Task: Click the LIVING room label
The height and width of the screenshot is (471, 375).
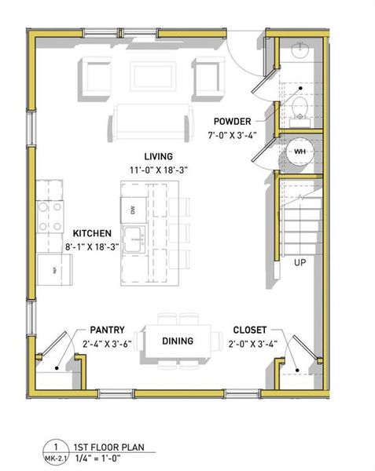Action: (158, 156)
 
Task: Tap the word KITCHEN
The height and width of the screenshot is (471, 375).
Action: (92, 234)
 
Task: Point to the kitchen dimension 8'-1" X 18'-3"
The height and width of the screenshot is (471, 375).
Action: (92, 246)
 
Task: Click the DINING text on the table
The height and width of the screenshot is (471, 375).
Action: (178, 341)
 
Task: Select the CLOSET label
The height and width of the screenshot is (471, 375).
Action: (250, 330)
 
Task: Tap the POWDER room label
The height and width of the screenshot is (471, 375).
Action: (232, 122)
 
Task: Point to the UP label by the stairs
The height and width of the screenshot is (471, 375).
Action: (300, 262)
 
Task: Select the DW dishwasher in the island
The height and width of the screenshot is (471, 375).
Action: (132, 210)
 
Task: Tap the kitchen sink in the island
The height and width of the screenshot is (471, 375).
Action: (135, 235)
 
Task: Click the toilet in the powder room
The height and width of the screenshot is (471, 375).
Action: (299, 108)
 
